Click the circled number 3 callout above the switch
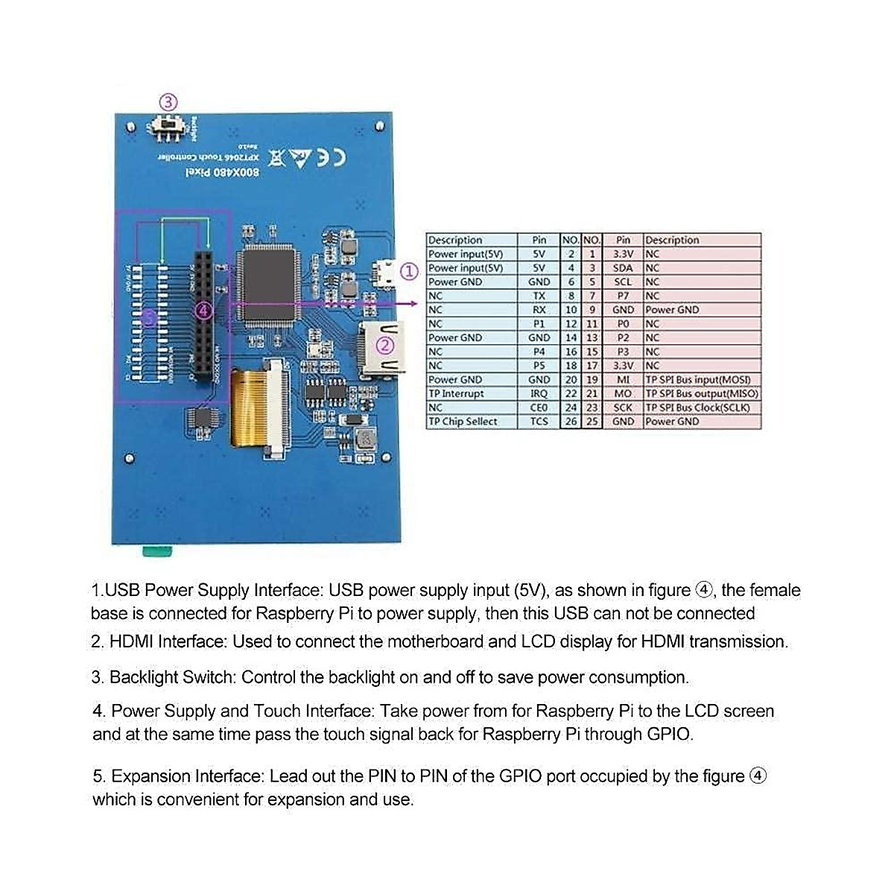point(168,102)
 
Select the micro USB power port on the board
point(385,273)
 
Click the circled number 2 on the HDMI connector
point(385,346)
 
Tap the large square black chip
point(267,284)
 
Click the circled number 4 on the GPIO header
point(203,311)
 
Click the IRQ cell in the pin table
point(539,393)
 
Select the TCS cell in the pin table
point(539,422)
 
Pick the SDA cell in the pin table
point(623,268)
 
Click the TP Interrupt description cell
point(456,393)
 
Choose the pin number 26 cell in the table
point(571,422)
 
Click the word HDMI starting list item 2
point(133,641)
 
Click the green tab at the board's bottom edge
point(156,551)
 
